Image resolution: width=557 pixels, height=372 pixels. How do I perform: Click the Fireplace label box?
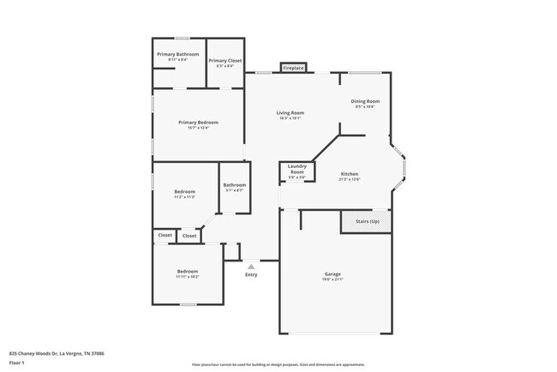(x=294, y=67)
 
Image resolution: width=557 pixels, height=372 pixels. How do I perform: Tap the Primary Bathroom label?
(x=177, y=55)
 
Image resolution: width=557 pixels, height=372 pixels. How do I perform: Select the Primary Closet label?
(x=225, y=61)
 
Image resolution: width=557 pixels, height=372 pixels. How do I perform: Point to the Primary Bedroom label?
(x=198, y=123)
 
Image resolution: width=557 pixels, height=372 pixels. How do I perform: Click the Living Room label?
(x=290, y=113)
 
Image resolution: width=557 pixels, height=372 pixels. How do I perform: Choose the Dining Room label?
(x=365, y=101)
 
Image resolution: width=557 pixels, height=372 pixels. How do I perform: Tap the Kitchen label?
(x=350, y=173)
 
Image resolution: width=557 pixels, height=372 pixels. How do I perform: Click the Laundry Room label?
(x=296, y=169)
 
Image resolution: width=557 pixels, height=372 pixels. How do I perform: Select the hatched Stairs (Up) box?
(x=366, y=221)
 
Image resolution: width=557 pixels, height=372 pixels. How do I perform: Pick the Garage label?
(x=332, y=274)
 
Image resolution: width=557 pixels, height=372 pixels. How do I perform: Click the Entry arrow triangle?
(x=251, y=267)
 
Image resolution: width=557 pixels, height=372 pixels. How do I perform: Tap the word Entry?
(x=251, y=274)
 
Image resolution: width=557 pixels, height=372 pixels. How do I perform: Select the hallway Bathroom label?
(x=235, y=185)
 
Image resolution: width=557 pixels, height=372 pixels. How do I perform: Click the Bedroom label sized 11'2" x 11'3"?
(x=185, y=191)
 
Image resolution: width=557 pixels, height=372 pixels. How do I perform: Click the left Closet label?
(x=164, y=234)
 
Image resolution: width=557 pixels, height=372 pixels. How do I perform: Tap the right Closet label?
(x=189, y=235)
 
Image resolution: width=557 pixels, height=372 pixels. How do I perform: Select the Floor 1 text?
(x=16, y=362)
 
